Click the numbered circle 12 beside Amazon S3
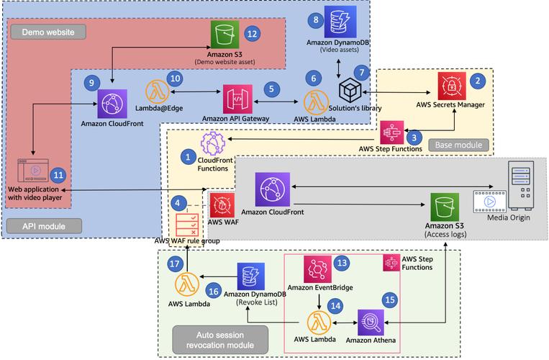click(x=251, y=34)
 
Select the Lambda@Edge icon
click(x=158, y=92)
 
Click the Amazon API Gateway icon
click(x=237, y=98)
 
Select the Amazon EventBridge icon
click(x=317, y=268)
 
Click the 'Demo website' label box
click(x=44, y=32)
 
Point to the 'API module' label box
click(x=42, y=225)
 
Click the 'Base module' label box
click(x=458, y=145)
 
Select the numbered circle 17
click(x=173, y=264)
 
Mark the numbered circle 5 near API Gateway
click(x=271, y=89)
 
